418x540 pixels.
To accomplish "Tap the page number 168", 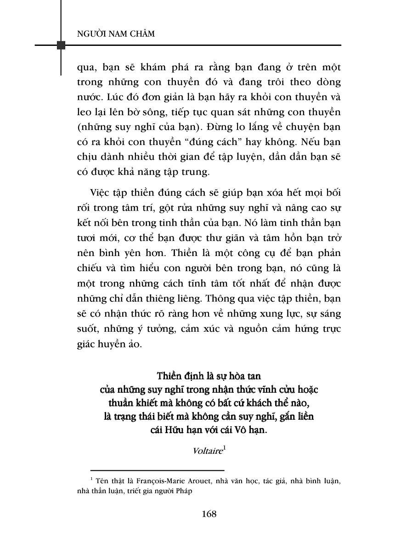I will (x=209, y=513).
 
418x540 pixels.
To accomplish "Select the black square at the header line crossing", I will (x=61, y=45).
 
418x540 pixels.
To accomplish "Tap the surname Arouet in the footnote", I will (x=204, y=481).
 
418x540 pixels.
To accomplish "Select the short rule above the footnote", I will (x=157, y=470).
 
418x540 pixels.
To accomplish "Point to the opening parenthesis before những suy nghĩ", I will (x=79, y=127).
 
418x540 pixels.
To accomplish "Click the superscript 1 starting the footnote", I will (x=92, y=479).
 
